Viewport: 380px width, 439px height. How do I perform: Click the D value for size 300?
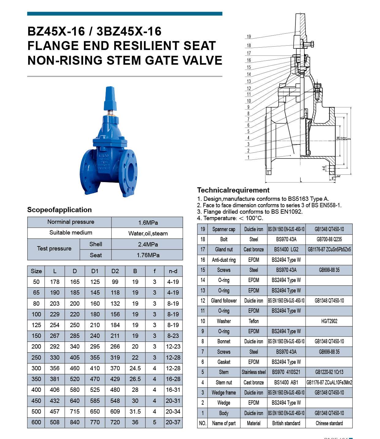[x=75, y=368]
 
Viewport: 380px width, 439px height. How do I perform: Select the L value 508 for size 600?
[x=55, y=422]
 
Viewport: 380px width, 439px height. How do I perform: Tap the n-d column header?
[x=173, y=271]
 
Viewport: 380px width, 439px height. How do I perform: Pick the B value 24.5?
[x=135, y=368]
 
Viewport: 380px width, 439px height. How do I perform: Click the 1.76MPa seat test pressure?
[x=148, y=255]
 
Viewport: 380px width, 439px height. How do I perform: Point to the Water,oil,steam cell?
[x=148, y=233]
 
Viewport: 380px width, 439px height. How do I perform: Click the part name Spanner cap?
[x=224, y=229]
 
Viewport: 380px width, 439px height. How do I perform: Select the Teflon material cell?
[x=254, y=321]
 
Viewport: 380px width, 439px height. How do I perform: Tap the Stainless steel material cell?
[x=254, y=372]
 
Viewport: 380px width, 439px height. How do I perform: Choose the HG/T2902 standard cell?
[x=329, y=321]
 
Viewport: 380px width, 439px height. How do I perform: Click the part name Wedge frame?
[x=224, y=393]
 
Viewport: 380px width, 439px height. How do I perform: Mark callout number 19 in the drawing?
[x=249, y=36]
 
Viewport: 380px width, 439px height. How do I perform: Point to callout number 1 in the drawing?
[x=248, y=157]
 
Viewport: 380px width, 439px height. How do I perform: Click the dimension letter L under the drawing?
[x=301, y=180]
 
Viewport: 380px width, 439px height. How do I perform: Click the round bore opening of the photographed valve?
[x=131, y=172]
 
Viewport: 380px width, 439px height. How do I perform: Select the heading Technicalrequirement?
[x=233, y=190]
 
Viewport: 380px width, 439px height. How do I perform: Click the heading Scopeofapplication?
[x=59, y=210]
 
